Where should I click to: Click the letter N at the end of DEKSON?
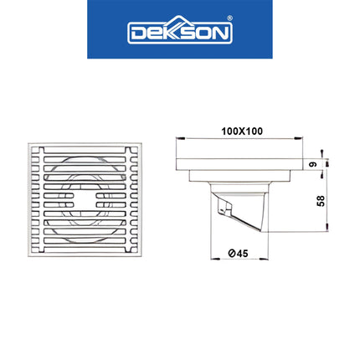tap(219, 33)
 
